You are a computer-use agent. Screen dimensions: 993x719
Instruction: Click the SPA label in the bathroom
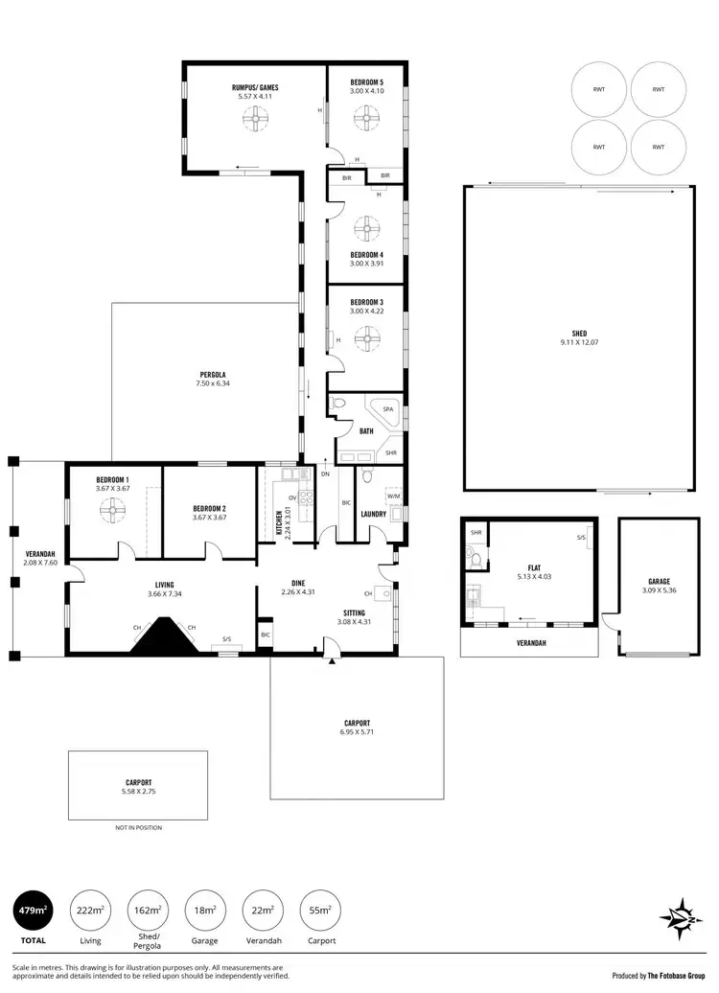pyautogui.click(x=388, y=409)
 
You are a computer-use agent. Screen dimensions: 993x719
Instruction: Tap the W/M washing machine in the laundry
pyautogui.click(x=393, y=496)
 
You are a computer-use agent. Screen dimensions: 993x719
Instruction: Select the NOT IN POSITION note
pyautogui.click(x=138, y=827)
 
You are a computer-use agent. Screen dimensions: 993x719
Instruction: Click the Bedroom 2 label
pyautogui.click(x=209, y=508)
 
